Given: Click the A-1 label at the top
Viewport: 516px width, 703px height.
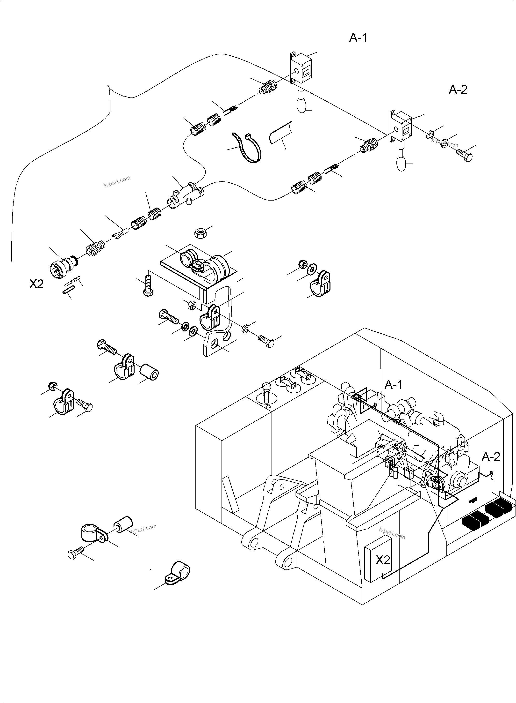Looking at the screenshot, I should [x=358, y=37].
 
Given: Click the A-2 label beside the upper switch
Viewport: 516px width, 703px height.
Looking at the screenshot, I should [x=458, y=90].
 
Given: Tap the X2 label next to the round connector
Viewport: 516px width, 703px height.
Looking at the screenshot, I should [x=36, y=284].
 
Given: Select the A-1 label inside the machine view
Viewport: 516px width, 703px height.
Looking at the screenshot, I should [x=393, y=385].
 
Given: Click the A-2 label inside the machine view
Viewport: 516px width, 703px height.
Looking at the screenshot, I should [x=491, y=457].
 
